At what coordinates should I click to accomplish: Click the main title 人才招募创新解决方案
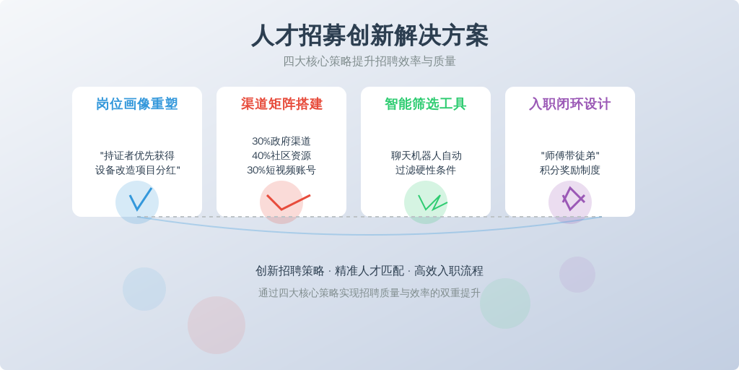tap(369, 36)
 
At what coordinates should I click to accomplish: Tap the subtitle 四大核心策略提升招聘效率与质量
tap(369, 61)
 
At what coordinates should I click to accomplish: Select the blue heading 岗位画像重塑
tap(137, 104)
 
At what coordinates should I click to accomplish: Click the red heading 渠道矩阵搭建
tap(281, 104)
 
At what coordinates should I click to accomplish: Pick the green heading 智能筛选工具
tap(426, 104)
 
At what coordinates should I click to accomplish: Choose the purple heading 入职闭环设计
tap(570, 104)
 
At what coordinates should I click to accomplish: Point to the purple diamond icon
tap(572, 199)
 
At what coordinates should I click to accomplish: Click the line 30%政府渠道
tap(281, 141)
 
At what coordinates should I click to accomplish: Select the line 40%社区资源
tap(281, 156)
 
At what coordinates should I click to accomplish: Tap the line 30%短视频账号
tap(281, 171)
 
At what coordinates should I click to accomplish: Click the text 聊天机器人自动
tap(426, 156)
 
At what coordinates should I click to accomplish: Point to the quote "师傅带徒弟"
tap(570, 156)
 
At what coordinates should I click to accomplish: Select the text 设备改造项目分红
tap(135, 171)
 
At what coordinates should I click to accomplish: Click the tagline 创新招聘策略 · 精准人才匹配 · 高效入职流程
tap(369, 271)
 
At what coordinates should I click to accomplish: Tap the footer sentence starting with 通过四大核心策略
tap(369, 293)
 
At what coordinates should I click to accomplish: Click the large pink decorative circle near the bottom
tap(217, 325)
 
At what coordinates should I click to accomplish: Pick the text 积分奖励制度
tap(570, 171)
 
